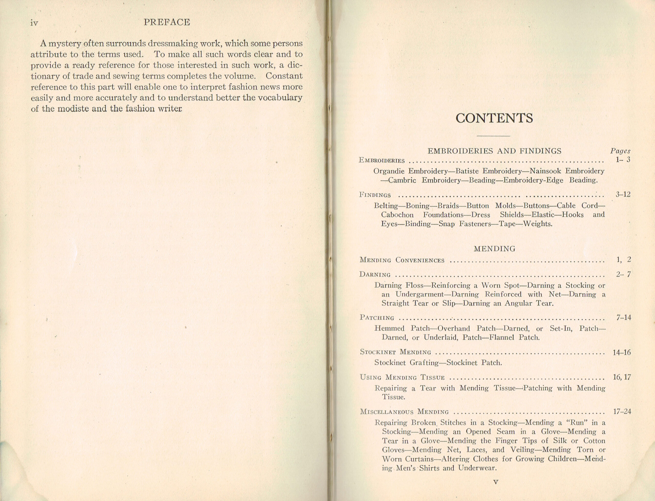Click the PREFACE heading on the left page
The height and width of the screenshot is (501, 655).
pyautogui.click(x=167, y=22)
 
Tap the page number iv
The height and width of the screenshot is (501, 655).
pyautogui.click(x=34, y=23)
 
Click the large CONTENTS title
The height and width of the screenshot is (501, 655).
pyautogui.click(x=494, y=118)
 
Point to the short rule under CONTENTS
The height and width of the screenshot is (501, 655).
pyautogui.click(x=493, y=136)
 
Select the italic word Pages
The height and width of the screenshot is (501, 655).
pyautogui.click(x=620, y=151)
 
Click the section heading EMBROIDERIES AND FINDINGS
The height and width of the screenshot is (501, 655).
pyautogui.click(x=494, y=151)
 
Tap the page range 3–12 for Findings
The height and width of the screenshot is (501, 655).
pyautogui.click(x=623, y=195)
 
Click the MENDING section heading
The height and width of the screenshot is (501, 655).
pyautogui.click(x=494, y=249)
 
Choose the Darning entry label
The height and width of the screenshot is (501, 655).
pyautogui.click(x=375, y=275)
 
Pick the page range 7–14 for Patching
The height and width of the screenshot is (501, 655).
pyautogui.click(x=623, y=318)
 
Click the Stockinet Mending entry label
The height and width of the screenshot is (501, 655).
pyautogui.click(x=395, y=352)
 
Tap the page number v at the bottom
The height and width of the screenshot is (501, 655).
pyautogui.click(x=496, y=482)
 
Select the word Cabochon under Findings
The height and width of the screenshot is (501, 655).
pyautogui.click(x=397, y=215)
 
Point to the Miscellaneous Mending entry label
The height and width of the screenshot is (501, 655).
pyautogui.click(x=404, y=412)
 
